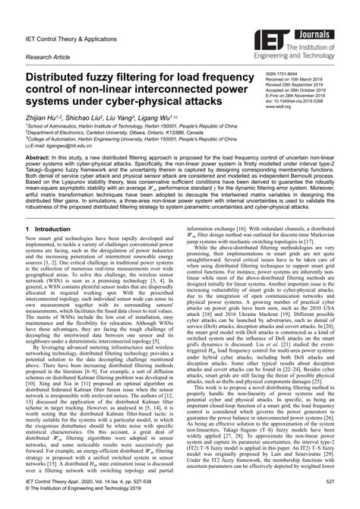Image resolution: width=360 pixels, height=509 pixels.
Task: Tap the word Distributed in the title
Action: pyautogui.click(x=62, y=77)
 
